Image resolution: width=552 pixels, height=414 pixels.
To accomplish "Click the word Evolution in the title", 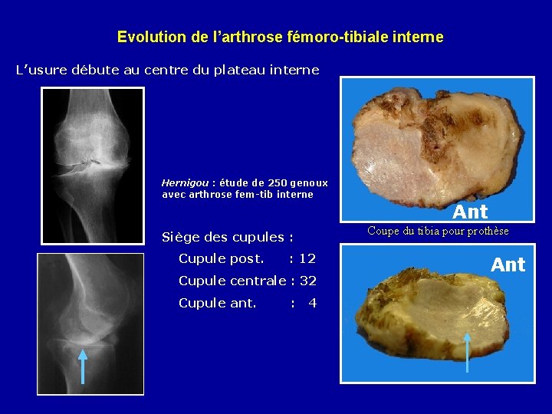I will tap(144, 37).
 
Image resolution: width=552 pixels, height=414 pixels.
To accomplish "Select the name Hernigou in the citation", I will tap(185, 183).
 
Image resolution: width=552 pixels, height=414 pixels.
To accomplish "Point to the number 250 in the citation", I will tap(277, 183).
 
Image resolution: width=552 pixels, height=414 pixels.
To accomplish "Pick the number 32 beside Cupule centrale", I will tap(307, 281).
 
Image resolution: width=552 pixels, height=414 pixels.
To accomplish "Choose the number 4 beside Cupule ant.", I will tap(312, 303).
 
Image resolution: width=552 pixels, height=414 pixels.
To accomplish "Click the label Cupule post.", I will tap(221, 258).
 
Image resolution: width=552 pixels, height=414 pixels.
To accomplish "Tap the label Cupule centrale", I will tap(232, 281).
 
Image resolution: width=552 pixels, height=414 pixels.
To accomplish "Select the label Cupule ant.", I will tap(217, 303).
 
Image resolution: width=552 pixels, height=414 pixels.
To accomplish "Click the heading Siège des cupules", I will tap(228, 236).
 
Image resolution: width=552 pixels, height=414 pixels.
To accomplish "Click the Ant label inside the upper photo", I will tap(470, 212).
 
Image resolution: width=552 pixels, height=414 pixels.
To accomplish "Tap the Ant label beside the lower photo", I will tap(508, 265).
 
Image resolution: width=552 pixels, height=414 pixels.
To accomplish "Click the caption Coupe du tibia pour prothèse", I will tap(438, 231).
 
